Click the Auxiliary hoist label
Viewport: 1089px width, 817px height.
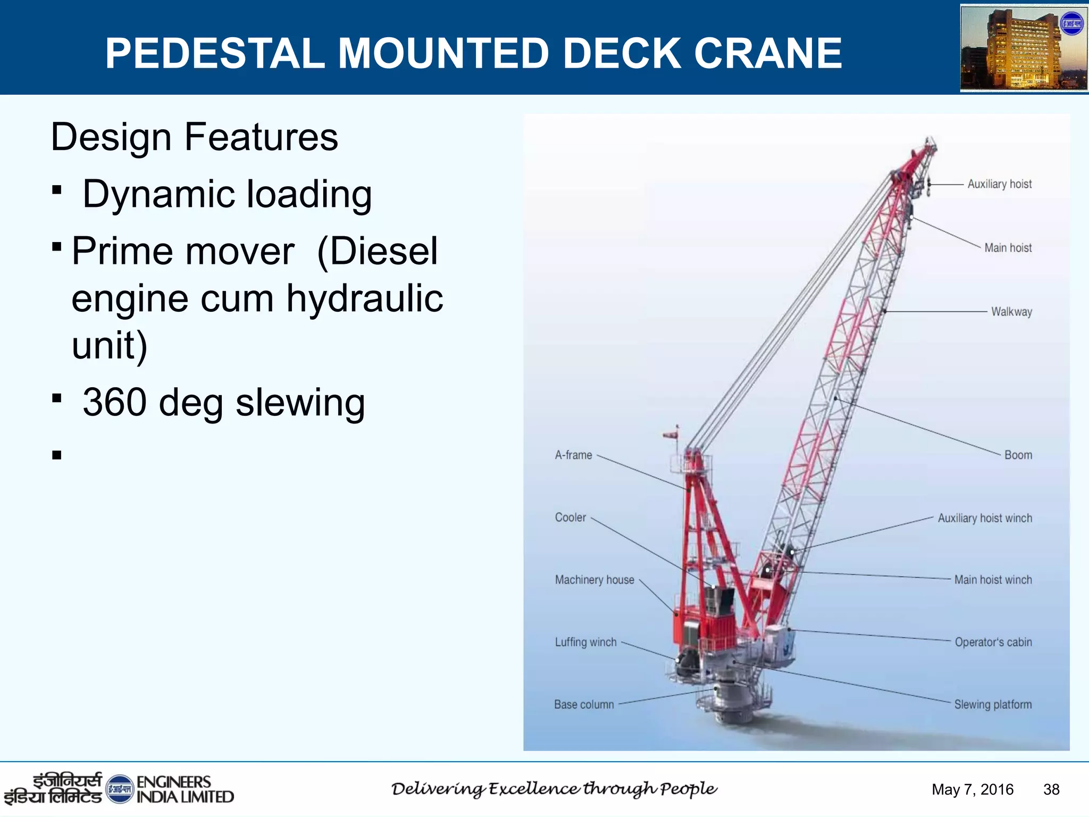[x=999, y=184]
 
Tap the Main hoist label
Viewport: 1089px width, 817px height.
[x=1008, y=248]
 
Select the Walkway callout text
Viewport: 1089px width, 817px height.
[x=1011, y=312]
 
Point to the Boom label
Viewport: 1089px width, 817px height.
[x=1018, y=455]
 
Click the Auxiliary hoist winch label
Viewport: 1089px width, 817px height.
[x=985, y=518]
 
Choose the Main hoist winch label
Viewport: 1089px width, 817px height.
[x=993, y=580]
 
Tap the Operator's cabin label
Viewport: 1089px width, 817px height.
[x=993, y=642]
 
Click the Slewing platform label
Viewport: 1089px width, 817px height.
[x=993, y=705]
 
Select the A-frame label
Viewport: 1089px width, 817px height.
[x=573, y=455]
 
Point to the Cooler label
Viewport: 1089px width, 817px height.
[x=570, y=518]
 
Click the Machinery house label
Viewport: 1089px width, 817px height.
[x=594, y=580]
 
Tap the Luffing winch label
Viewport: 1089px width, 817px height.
[x=585, y=642]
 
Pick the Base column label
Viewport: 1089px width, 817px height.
[x=584, y=705]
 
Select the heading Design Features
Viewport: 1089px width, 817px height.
[x=194, y=137]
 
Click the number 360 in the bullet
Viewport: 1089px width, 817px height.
[x=114, y=403]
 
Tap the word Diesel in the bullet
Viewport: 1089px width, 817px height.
[x=378, y=252]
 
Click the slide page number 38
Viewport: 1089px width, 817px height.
[x=1051, y=789]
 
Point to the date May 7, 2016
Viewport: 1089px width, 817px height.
[x=973, y=789]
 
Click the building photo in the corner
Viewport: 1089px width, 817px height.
[x=1023, y=48]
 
